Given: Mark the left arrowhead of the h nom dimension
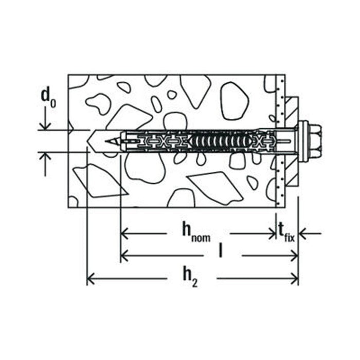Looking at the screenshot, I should (125, 234).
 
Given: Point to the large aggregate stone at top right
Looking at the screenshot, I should (235, 101).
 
